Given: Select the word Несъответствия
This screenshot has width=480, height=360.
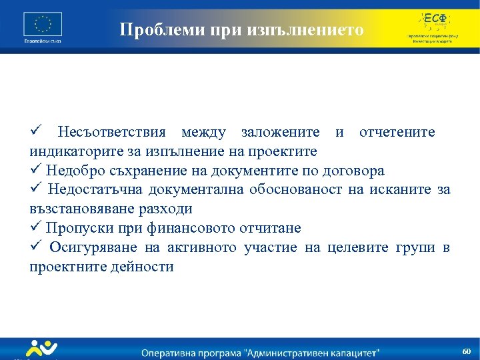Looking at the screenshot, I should click(x=111, y=132).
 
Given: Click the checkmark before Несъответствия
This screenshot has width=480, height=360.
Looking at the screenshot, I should click(x=36, y=131).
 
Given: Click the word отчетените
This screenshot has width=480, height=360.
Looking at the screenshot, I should click(x=397, y=132).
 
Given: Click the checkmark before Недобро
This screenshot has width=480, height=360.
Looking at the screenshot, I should click(x=36, y=170).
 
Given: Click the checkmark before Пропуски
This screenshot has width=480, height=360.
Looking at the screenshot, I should click(x=36, y=228).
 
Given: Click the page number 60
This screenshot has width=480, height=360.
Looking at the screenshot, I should click(x=466, y=351).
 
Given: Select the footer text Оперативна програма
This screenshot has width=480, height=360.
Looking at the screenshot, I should click(x=199, y=351).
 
